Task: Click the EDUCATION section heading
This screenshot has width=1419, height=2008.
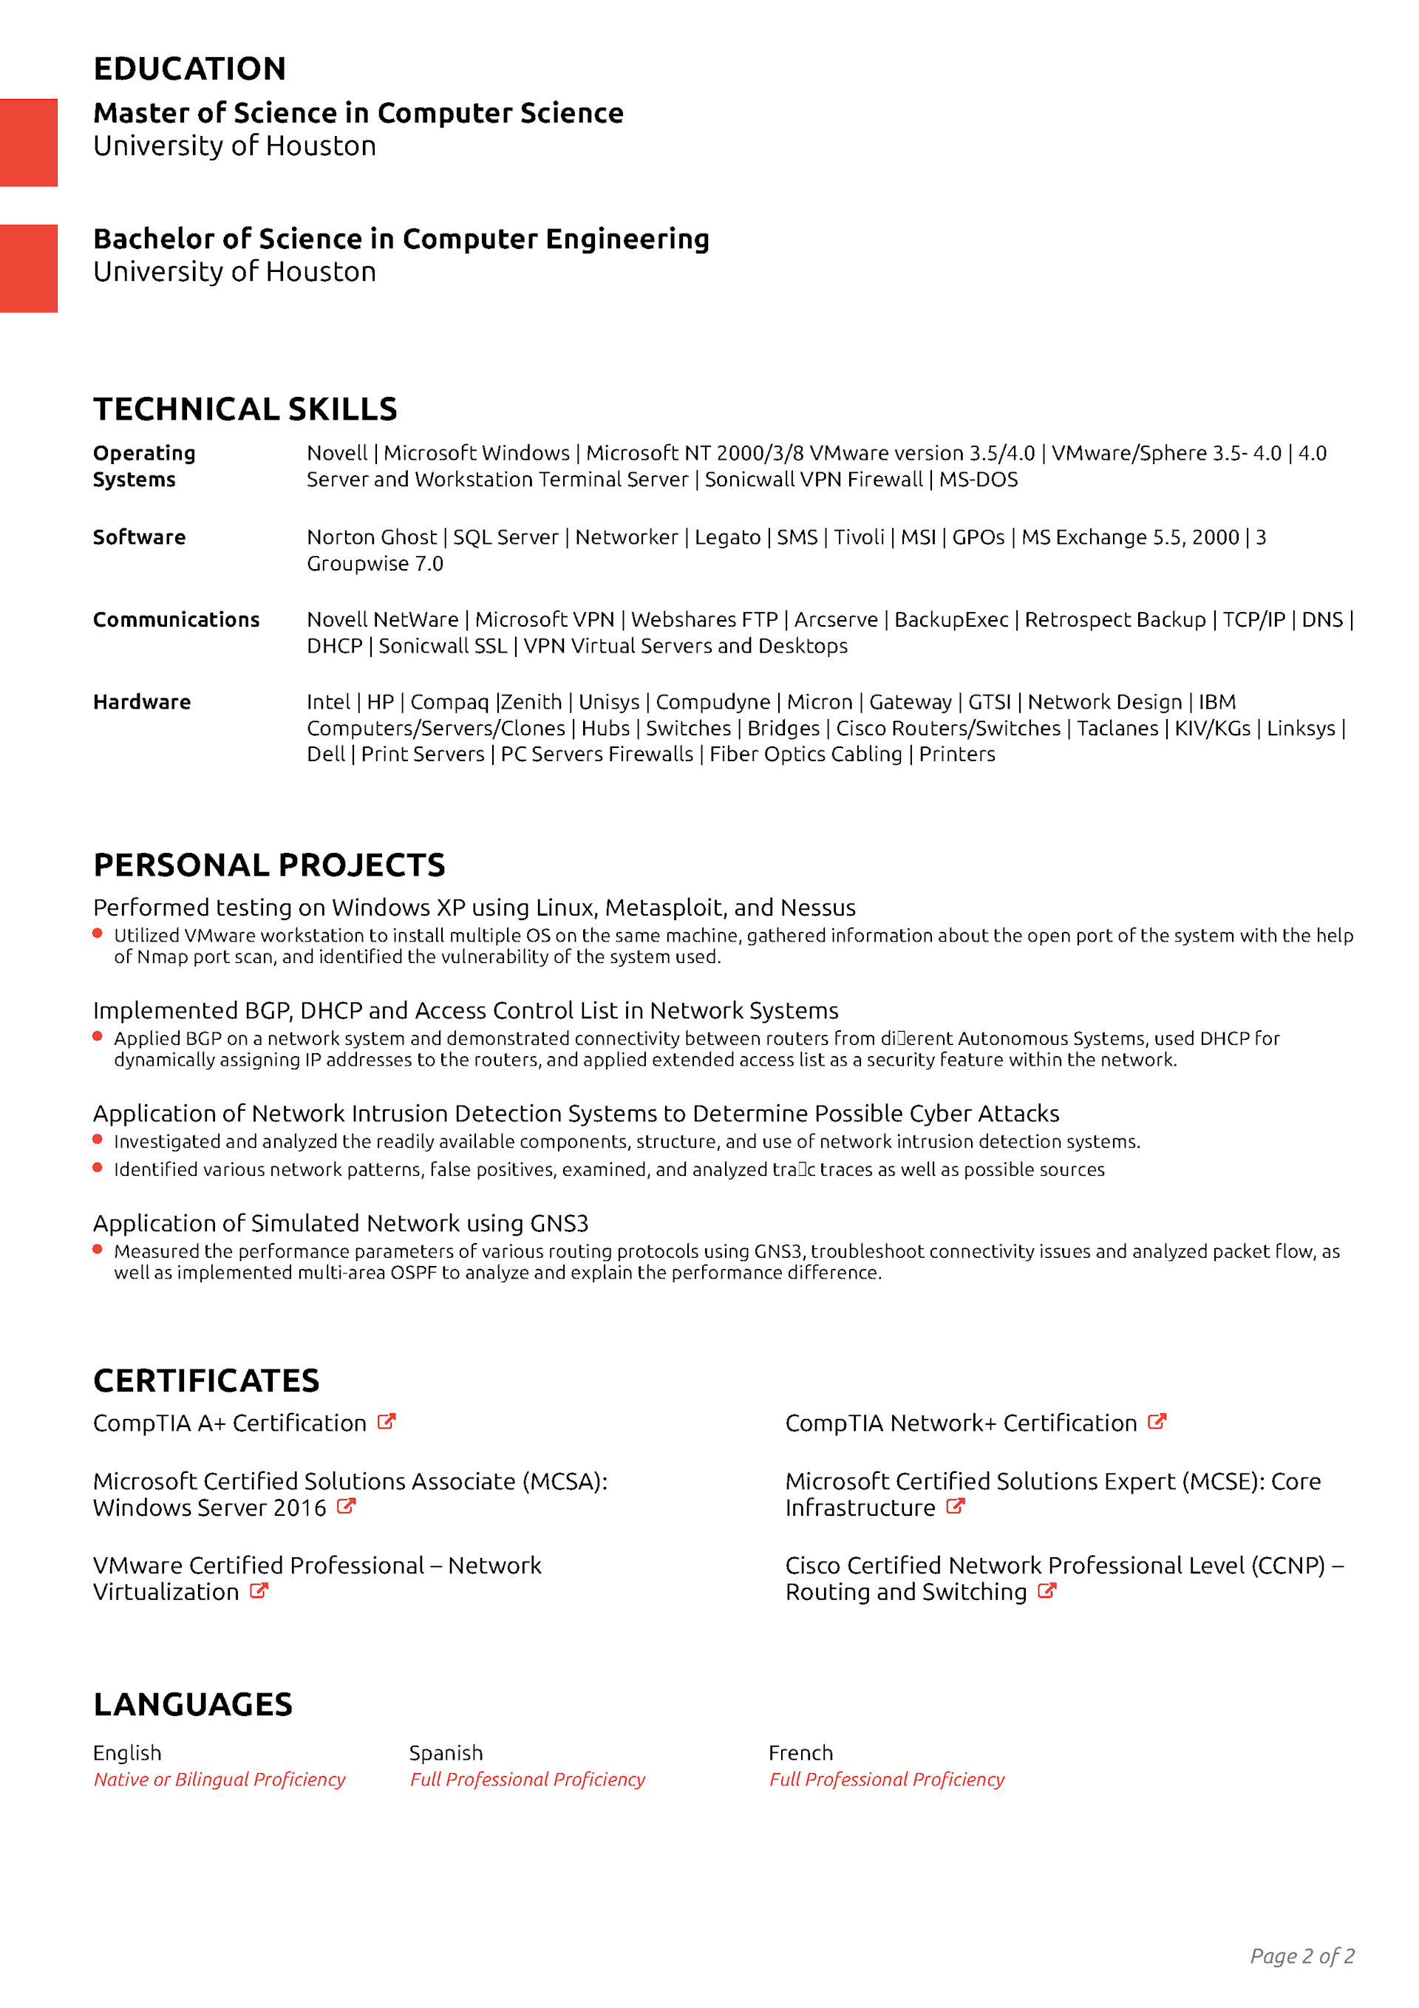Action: pos(189,68)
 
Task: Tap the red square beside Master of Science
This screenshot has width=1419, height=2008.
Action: pos(28,143)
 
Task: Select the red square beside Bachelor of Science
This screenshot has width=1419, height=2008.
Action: pos(28,268)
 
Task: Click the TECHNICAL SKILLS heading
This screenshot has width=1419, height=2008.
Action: pos(245,409)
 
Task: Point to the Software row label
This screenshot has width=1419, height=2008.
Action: pos(139,537)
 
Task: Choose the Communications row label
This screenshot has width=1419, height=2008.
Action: pos(176,619)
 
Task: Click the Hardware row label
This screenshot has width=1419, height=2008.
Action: pos(142,701)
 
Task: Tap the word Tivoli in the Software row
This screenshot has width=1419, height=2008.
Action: pos(858,537)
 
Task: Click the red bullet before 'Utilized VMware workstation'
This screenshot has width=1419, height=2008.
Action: pos(98,933)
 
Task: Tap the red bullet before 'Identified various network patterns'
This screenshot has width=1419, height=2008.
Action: pos(98,1168)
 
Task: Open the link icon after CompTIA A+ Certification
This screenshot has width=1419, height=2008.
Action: pos(387,1421)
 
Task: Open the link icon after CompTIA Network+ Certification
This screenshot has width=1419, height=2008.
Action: pos(1157,1421)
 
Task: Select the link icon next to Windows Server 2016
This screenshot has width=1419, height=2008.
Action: pos(347,1506)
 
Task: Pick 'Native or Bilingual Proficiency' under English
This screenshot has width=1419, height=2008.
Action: pos(220,1779)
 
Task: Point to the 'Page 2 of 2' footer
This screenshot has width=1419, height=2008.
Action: pos(1301,1956)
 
